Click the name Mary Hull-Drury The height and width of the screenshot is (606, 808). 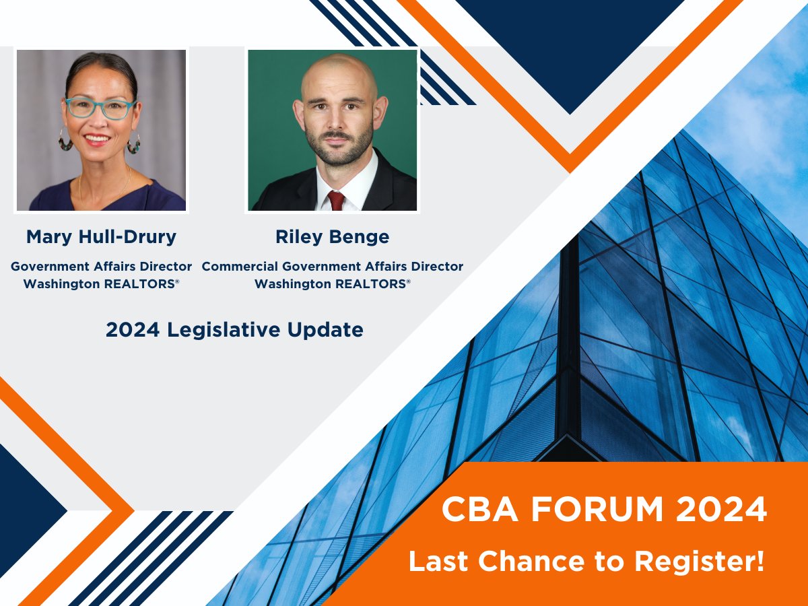coord(101,237)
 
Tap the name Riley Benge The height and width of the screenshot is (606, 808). coord(332,237)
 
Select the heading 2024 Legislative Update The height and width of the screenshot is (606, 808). coord(234,330)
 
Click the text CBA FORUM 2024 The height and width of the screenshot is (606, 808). coord(604,510)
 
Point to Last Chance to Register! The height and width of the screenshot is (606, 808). coord(586,562)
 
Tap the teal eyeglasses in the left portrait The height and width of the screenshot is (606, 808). coord(100,108)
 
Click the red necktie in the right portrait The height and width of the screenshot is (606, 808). coord(335,200)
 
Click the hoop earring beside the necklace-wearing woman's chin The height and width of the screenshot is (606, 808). coord(133,143)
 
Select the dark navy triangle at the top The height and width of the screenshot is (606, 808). coord(570,47)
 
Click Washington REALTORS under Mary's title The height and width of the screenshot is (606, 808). coord(101,284)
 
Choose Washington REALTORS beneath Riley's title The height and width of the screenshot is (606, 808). coord(332,284)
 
